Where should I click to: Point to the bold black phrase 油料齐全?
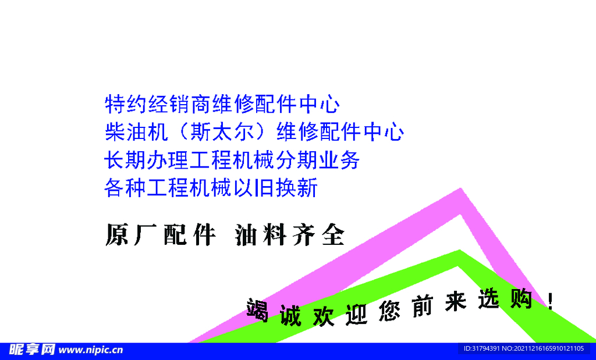point(290,235)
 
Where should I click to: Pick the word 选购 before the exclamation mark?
point(504,301)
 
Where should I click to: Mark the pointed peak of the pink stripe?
point(462,191)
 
